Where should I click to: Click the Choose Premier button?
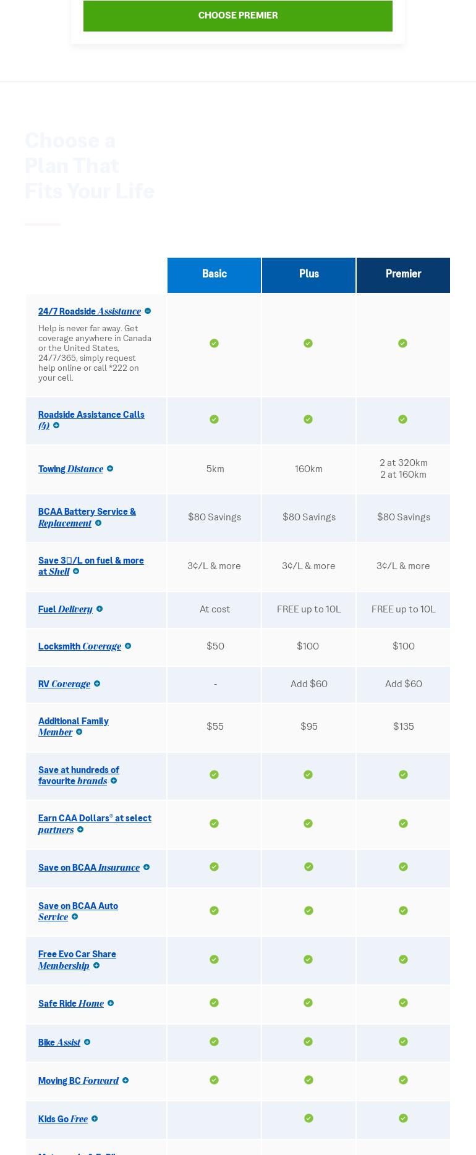(x=238, y=15)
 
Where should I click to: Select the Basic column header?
(x=214, y=274)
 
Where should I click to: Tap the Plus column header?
(x=308, y=274)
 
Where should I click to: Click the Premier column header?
(x=403, y=274)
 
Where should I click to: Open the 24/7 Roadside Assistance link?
(x=90, y=311)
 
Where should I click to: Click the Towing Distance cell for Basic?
(x=215, y=469)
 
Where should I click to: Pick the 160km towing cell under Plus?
(x=308, y=469)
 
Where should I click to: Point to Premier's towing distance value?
(x=403, y=468)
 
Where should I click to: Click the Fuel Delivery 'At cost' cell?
(x=215, y=609)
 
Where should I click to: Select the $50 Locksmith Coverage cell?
(x=215, y=646)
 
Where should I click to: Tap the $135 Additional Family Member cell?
(x=403, y=727)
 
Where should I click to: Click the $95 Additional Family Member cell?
(x=308, y=727)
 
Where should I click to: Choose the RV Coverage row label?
(x=64, y=684)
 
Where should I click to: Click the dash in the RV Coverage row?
(x=215, y=684)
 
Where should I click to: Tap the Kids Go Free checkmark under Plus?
(x=308, y=1119)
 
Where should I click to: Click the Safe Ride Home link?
(x=71, y=1004)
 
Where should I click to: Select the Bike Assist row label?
(x=59, y=1043)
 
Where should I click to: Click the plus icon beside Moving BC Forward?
(x=125, y=1081)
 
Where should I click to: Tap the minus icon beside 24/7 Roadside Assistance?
(x=148, y=311)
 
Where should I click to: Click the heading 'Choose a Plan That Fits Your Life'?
(x=89, y=166)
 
